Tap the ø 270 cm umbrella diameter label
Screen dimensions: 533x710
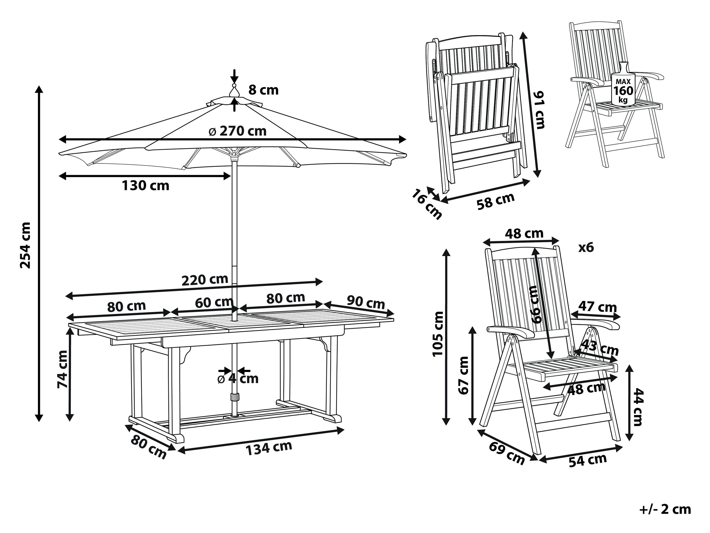coord(238,131)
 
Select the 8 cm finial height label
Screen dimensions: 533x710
coord(263,90)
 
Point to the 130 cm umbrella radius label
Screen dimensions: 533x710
coord(145,186)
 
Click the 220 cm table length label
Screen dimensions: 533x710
coord(205,279)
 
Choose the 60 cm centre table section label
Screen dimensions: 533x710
coord(214,302)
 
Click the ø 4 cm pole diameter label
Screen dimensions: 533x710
coord(238,379)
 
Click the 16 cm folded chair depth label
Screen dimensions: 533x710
coord(427,204)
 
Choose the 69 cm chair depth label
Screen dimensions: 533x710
coord(506,453)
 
